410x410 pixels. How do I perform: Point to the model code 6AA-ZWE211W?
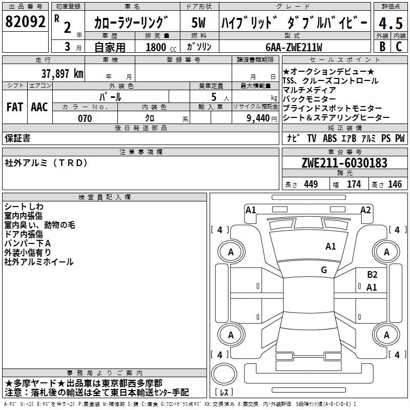pyautogui.click(x=294, y=47)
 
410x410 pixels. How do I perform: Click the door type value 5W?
pyautogui.click(x=199, y=24)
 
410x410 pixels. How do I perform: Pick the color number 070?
pyautogui.click(x=85, y=118)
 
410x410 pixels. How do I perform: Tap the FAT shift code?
pyautogui.click(x=15, y=107)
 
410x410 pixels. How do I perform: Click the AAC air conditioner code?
pyautogui.click(x=39, y=107)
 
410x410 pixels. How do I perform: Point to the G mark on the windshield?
pyautogui.click(x=324, y=270)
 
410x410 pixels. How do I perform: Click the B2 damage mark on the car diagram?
pyautogui.click(x=372, y=275)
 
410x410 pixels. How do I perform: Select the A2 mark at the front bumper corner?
pyautogui.click(x=365, y=210)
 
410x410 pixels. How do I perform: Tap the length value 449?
pyautogui.click(x=309, y=184)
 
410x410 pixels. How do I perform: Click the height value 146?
pyautogui.click(x=395, y=184)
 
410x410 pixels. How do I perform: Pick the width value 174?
pyautogui.click(x=354, y=184)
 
